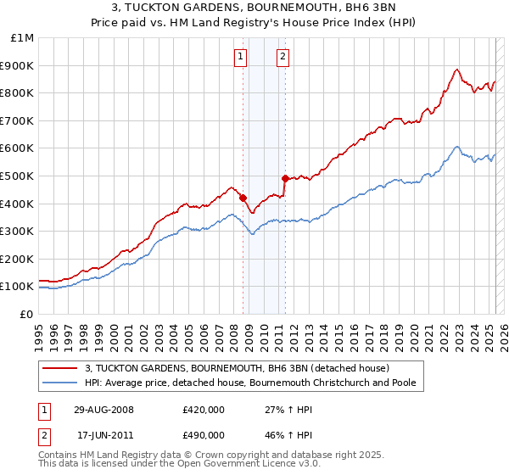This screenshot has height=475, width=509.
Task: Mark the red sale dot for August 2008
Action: click(x=243, y=198)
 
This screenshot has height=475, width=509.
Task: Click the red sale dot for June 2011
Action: click(x=285, y=178)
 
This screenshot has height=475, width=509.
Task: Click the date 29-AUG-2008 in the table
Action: click(x=98, y=410)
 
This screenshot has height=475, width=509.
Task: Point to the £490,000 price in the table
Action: click(x=204, y=437)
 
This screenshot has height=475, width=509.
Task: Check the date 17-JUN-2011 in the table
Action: click(x=98, y=437)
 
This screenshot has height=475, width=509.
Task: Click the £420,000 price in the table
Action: click(x=204, y=410)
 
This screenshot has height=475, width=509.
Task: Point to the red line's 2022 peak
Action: click(x=456, y=70)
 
